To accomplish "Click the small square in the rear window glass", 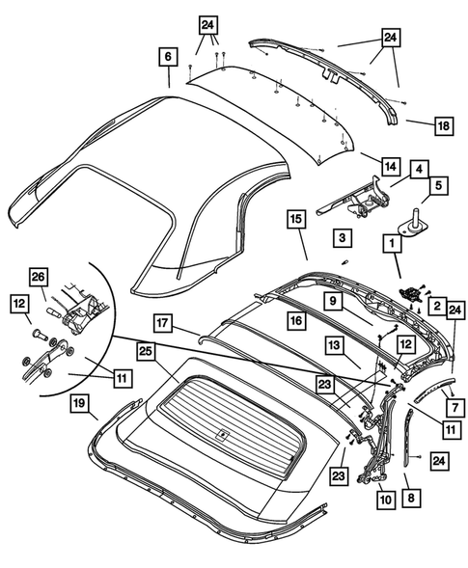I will [x=223, y=433].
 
